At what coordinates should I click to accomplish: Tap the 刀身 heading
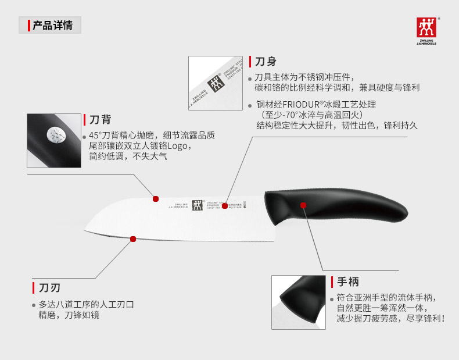[x=266, y=62]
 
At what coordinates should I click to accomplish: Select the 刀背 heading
[x=100, y=120]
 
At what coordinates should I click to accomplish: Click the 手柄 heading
[x=348, y=282]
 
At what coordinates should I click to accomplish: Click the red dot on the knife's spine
[x=156, y=199]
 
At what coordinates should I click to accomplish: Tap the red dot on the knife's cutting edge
[x=133, y=238]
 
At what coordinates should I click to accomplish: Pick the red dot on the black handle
[x=303, y=205]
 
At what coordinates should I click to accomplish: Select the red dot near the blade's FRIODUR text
[x=225, y=205]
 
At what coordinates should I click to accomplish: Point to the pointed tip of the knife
[x=86, y=230]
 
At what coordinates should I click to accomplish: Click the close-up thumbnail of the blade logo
[x=216, y=83]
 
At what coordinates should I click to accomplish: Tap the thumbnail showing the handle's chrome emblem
[x=54, y=140]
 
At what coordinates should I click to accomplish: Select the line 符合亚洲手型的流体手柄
[x=386, y=297]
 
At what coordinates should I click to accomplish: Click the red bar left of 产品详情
[x=28, y=25]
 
